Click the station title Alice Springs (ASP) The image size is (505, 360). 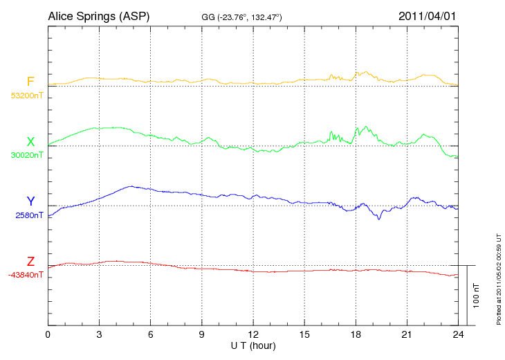98,15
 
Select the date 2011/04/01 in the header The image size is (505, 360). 428,15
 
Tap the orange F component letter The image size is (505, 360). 30,82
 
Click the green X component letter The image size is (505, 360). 30,142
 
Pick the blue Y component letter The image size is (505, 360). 30,201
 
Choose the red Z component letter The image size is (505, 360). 30,262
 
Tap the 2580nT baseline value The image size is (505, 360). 29,215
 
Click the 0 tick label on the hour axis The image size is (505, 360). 48,334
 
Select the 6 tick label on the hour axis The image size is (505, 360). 151,334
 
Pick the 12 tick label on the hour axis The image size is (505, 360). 253,334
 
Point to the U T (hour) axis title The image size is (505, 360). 253,345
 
